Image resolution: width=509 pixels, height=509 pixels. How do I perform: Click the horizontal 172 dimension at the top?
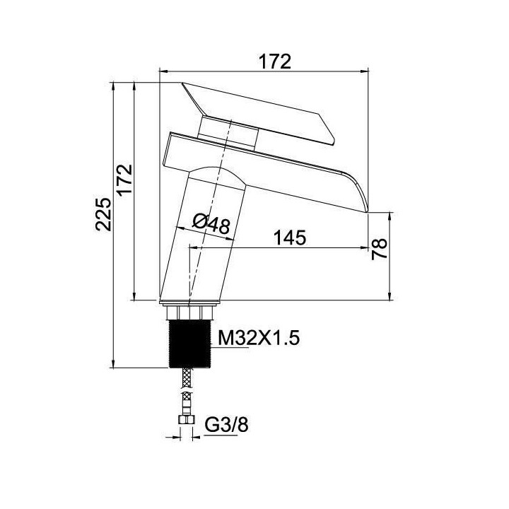coord(274,62)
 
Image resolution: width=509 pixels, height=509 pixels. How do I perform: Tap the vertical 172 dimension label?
coord(125,180)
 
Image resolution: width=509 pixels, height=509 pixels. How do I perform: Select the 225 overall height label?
coord(103,214)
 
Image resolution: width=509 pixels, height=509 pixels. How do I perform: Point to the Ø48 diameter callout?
coord(211,223)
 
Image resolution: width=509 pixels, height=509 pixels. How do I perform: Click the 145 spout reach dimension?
coord(290,238)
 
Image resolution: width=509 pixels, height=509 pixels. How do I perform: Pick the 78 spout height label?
coord(380,249)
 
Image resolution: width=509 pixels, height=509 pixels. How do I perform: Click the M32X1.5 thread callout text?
coord(259,338)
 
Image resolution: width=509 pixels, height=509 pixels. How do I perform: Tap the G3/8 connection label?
coord(227,424)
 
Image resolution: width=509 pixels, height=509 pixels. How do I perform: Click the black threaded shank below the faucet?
coord(190,344)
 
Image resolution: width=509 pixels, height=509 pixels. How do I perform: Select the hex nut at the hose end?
coord(187,421)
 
